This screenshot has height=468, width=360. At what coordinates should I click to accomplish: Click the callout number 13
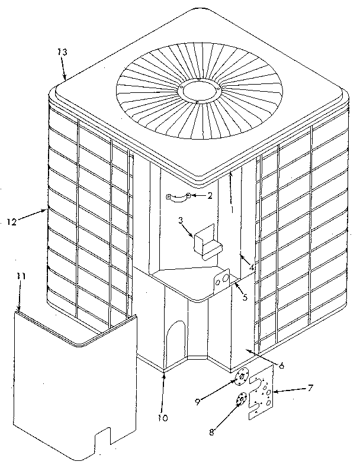(62, 52)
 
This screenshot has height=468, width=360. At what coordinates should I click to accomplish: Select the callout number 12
(11, 221)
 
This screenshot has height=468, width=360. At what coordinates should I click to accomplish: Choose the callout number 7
(310, 389)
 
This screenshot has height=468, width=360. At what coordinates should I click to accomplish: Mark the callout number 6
(281, 366)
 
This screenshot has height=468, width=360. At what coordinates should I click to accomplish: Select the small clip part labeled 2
(177, 197)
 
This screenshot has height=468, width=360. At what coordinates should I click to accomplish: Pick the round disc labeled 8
(240, 401)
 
